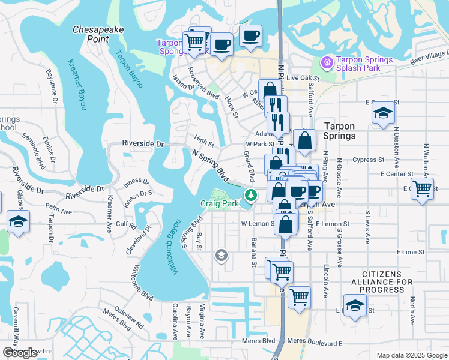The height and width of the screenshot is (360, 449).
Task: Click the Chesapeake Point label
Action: pyautogui.click(x=91, y=34)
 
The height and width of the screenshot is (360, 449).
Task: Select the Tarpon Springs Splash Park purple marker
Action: pyautogui.click(x=327, y=62)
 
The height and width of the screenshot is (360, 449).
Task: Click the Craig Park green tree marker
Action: pyautogui.click(x=250, y=194)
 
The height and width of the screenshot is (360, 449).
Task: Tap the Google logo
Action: pyautogui.click(x=19, y=353)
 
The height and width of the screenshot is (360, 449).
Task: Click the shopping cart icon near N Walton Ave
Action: pyautogui.click(x=423, y=188)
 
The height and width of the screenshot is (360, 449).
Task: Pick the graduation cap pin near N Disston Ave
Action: pyautogui.click(x=382, y=113)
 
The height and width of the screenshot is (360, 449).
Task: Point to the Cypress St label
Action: pyautogui.click(x=369, y=160)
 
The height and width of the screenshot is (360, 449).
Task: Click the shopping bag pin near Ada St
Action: pyautogui.click(x=305, y=140)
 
